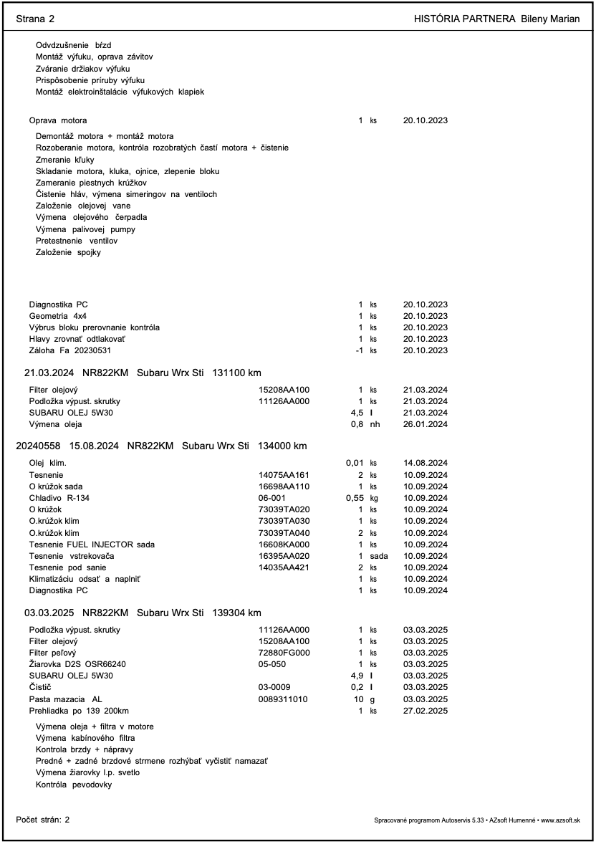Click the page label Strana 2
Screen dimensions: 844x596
click(35, 19)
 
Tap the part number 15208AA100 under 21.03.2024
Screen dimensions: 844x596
click(284, 390)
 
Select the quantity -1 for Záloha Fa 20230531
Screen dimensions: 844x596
click(358, 350)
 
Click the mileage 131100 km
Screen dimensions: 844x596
click(237, 373)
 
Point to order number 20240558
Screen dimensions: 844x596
click(38, 446)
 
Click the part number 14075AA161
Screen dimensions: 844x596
click(284, 475)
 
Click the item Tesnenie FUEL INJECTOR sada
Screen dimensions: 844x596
click(92, 545)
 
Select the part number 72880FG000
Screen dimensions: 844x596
click(284, 653)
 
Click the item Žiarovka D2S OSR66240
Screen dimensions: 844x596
click(77, 664)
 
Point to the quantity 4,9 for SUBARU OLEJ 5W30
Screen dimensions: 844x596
click(355, 676)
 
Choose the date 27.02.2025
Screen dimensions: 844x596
click(426, 710)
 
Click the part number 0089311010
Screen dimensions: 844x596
click(283, 699)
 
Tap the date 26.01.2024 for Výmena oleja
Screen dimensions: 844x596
click(426, 424)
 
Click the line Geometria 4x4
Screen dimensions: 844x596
click(58, 316)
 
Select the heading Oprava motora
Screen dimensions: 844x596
click(58, 120)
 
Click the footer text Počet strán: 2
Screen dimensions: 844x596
click(43, 819)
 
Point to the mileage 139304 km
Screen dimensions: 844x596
click(237, 613)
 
